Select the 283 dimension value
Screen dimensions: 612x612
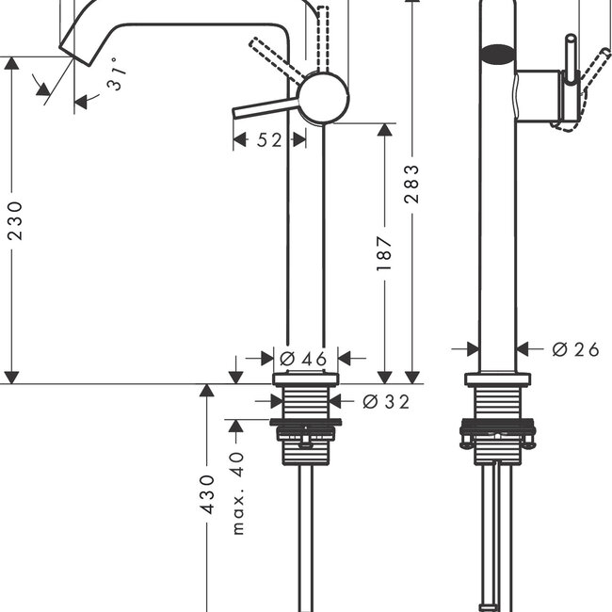click(411, 184)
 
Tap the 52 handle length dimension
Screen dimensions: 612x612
click(269, 140)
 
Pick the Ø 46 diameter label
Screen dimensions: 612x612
click(303, 358)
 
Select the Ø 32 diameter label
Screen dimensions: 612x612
click(386, 402)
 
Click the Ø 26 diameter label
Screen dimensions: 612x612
click(575, 349)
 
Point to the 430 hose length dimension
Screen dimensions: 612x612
click(208, 493)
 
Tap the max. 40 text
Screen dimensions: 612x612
click(236, 491)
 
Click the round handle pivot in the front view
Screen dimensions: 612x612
click(323, 97)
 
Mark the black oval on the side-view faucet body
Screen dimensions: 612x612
click(497, 55)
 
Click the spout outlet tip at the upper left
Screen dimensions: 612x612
click(69, 47)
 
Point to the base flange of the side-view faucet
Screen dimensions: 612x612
click(497, 379)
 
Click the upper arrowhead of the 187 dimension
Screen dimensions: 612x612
click(384, 130)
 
